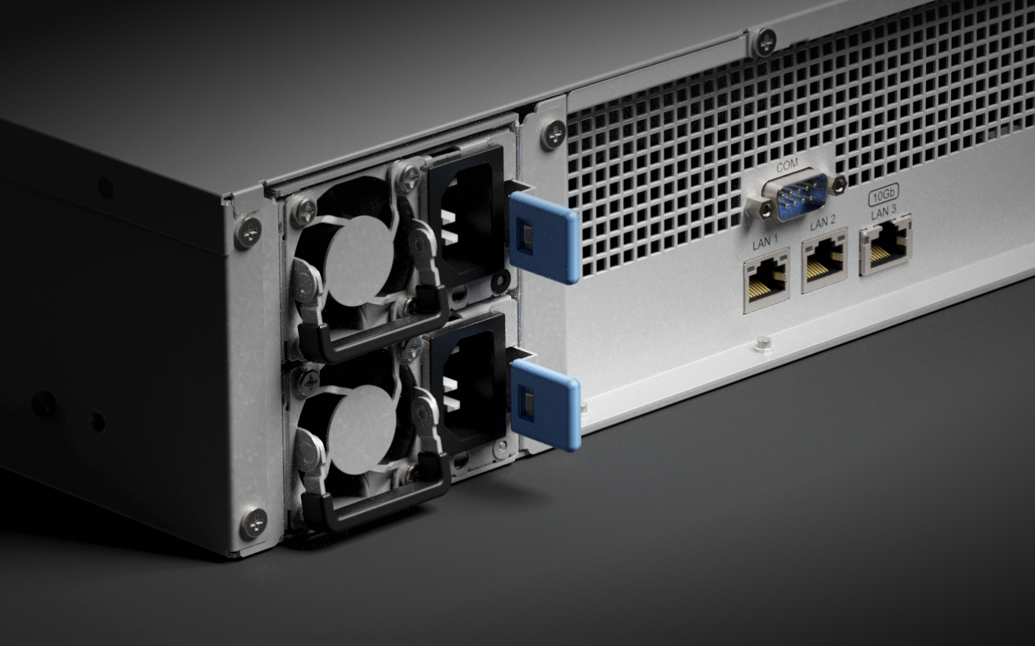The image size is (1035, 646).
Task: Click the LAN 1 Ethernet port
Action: (765, 280)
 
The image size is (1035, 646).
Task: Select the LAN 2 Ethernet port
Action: (824, 260)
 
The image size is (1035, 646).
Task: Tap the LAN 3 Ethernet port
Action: (884, 245)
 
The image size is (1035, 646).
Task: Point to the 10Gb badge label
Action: (884, 197)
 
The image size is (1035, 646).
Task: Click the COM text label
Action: (787, 166)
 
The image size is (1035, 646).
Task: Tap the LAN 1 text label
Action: (765, 241)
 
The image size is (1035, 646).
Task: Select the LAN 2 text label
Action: (823, 223)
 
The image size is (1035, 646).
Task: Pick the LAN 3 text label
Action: (884, 212)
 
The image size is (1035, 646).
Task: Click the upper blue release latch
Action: (544, 237)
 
